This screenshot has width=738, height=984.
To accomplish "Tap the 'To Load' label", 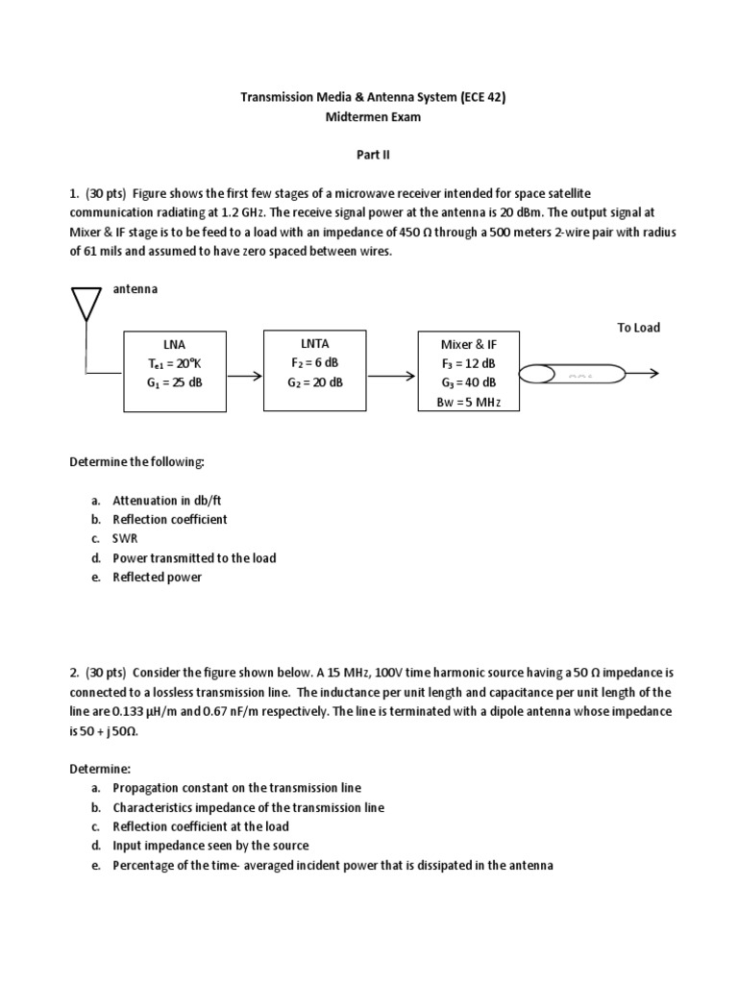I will point(638,328).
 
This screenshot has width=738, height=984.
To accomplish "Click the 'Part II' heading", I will point(368,154).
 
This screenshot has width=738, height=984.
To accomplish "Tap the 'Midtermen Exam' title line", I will point(369,116).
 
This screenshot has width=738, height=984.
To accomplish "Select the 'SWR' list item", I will point(126,538).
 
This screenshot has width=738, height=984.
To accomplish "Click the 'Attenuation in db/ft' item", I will point(168,500).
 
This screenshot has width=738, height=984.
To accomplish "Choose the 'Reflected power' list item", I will point(157,578).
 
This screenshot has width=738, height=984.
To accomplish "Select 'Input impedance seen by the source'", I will point(210,846).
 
